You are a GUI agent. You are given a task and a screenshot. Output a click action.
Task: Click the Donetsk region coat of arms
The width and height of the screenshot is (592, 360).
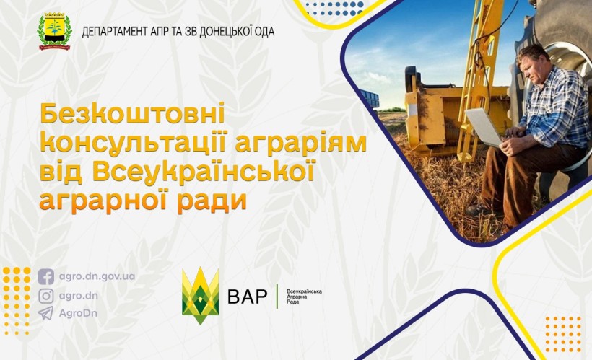(x=53, y=31)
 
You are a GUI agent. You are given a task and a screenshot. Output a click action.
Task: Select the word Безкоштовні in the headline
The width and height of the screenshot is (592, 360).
(x=132, y=116)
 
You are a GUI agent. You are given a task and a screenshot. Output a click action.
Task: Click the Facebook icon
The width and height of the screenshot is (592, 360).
(x=46, y=277)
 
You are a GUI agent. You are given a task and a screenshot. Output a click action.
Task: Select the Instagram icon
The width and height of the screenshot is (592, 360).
(x=46, y=295)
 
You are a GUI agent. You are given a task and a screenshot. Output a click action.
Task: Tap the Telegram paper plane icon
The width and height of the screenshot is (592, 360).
(x=46, y=313)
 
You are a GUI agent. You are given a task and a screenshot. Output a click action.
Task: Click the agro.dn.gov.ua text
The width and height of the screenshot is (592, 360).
(x=97, y=277)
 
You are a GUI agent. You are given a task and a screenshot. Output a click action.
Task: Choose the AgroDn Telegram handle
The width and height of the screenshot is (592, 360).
(x=78, y=313)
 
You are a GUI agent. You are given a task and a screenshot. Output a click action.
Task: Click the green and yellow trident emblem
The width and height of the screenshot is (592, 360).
(x=200, y=296)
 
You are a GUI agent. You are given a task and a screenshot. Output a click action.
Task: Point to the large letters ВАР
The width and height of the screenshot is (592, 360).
(x=247, y=296)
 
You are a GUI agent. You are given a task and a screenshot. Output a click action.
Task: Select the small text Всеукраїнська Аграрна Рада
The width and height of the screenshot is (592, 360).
(x=304, y=296)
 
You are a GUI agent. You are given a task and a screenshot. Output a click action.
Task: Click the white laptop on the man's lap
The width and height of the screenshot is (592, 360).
(x=484, y=127)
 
